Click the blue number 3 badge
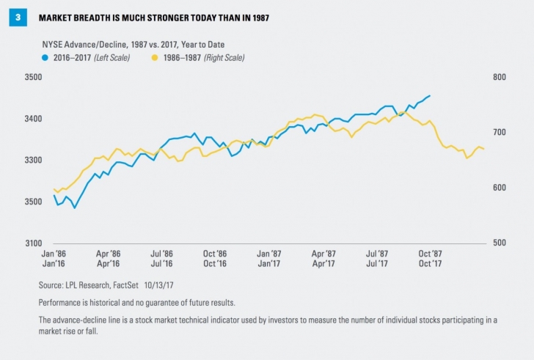tap(15, 18)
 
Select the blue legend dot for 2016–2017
tap(46, 56)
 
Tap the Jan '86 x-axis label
tap(54, 252)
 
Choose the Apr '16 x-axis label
tap(109, 262)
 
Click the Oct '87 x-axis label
tap(430, 252)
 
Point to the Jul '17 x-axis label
tap(377, 262)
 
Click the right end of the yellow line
tap(483, 149)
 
